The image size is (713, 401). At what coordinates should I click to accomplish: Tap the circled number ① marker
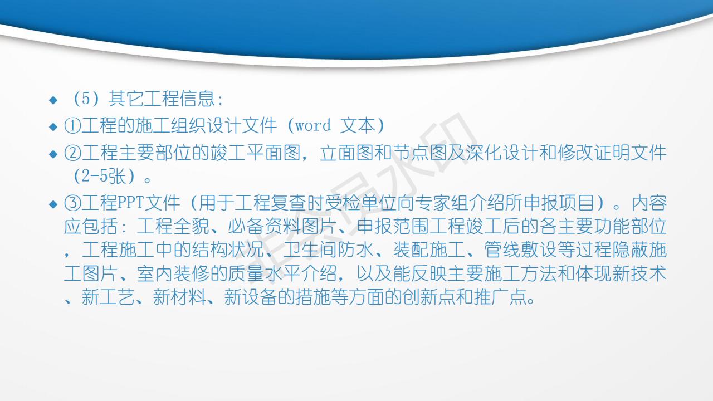72,126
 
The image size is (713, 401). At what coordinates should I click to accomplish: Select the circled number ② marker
72,153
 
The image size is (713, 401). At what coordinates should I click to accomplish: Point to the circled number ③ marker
72,203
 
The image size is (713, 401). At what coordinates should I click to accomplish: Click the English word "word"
313,125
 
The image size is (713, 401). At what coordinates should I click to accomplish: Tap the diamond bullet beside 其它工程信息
53,100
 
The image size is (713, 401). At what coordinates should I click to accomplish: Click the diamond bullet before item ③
53,204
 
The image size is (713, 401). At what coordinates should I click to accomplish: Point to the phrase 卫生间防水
328,250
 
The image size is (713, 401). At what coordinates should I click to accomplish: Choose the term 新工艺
108,297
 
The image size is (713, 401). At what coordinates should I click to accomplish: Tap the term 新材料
179,297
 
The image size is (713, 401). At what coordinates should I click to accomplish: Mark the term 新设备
251,297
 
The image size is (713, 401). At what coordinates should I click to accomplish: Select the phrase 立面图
346,153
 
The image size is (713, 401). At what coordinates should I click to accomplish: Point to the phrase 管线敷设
520,250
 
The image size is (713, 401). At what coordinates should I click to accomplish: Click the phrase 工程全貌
173,226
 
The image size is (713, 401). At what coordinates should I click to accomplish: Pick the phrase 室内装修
173,273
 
